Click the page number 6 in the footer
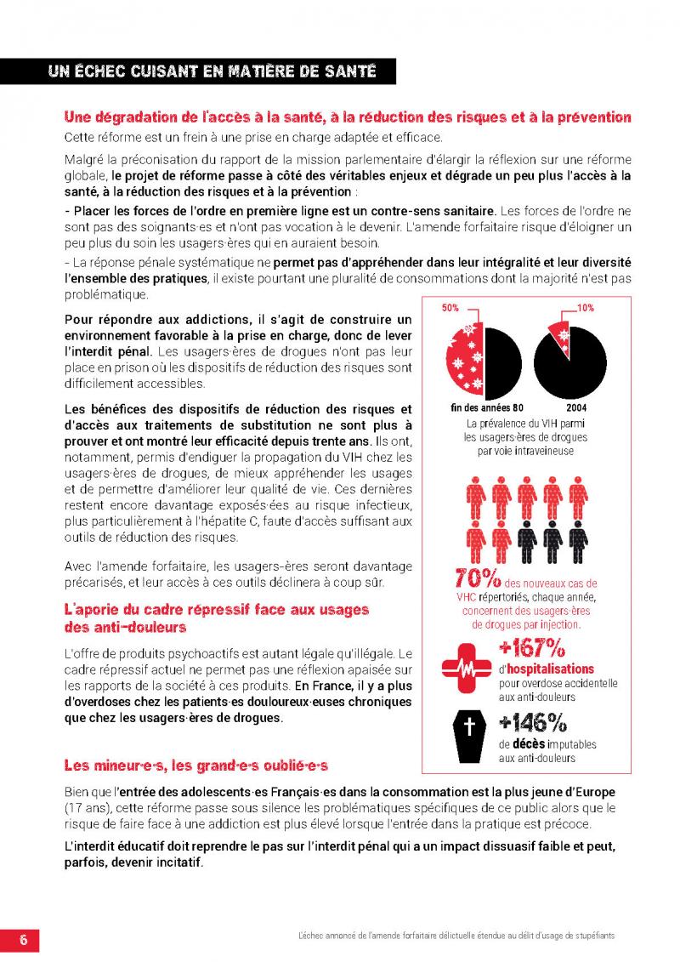tap(24, 939)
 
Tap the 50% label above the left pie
tap(450, 308)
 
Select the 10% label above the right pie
tap(585, 308)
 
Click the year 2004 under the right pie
tap(564, 407)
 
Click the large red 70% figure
tap(477, 579)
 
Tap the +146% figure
tap(533, 722)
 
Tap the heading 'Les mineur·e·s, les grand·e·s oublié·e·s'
tap(195, 765)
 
